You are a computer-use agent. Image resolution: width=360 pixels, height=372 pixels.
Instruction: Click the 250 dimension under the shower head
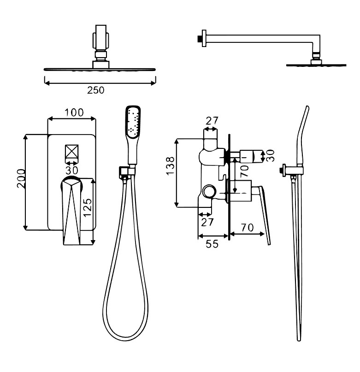[x=95, y=90]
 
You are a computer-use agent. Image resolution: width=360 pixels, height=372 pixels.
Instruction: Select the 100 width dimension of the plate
[x=74, y=112]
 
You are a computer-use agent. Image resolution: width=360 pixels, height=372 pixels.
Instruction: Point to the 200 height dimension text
[x=21, y=178]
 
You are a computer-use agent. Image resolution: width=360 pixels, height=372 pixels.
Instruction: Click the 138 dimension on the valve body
[x=171, y=166]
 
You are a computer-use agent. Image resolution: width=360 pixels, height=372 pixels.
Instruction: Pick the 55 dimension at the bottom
[x=212, y=244]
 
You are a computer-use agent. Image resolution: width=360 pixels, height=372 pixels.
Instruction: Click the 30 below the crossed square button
[x=71, y=171]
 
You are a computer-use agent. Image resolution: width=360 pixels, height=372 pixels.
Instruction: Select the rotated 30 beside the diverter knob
[x=270, y=155]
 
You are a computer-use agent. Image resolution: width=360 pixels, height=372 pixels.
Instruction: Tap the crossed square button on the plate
[x=71, y=151]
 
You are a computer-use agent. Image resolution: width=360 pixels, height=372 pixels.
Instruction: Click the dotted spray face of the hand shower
[x=133, y=122]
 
